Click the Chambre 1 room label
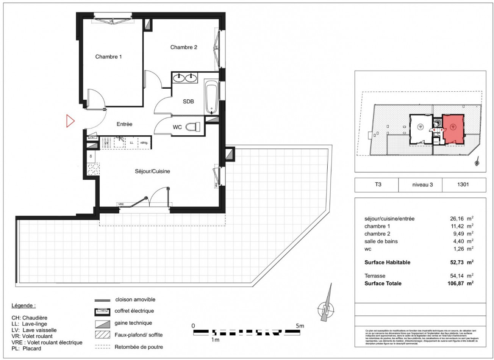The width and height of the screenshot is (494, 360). pos(108,57)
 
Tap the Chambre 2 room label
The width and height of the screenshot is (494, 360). pos(184,47)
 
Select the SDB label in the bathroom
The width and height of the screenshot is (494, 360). pos(188,102)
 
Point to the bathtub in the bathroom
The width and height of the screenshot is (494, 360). pos(212,96)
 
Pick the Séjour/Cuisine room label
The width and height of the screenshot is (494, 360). pos(152,171)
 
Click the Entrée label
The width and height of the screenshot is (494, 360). pos(124,124)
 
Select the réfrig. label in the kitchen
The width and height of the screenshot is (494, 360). pos(144,143)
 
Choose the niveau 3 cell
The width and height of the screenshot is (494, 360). pos(422,185)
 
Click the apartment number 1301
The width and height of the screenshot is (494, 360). pos(463,185)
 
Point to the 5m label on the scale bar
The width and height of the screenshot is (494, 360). pos(300,326)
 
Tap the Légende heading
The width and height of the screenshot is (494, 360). pos(23,305)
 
